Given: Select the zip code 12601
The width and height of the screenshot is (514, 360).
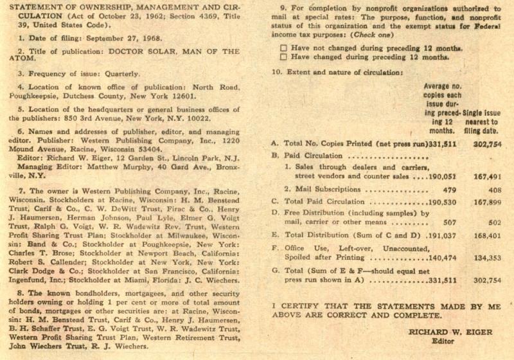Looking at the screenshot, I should click(x=183, y=96).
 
